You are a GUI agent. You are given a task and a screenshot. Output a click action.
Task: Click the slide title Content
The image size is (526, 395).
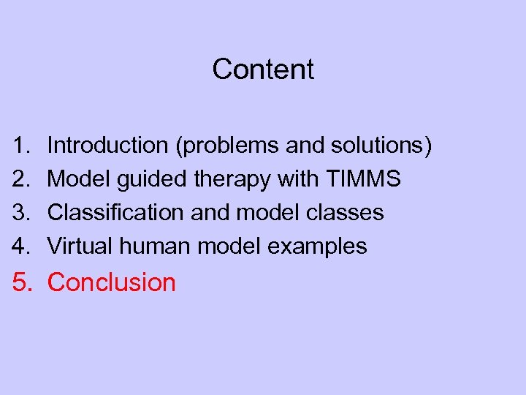263,69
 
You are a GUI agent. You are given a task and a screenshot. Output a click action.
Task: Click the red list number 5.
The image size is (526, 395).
22,282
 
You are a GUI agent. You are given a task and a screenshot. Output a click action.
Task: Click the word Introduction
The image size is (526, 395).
107,146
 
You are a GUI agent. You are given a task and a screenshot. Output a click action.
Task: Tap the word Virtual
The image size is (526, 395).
80,247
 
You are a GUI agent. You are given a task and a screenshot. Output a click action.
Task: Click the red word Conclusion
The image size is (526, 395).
112,282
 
